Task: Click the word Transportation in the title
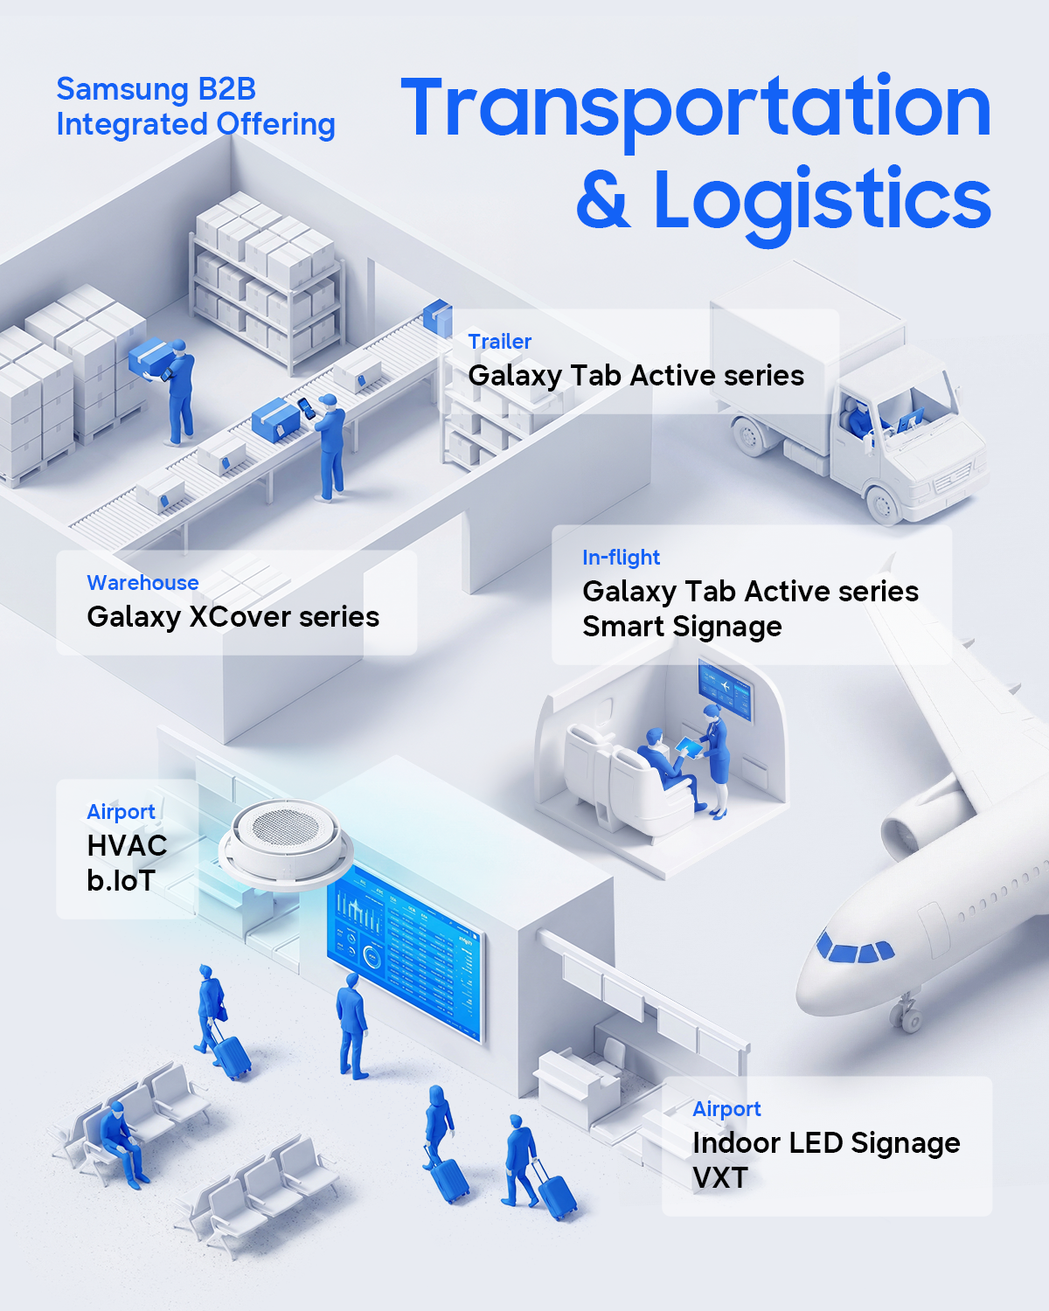pos(696,109)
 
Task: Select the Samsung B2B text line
pos(156,89)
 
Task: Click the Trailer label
pos(499,341)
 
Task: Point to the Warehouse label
pos(142,582)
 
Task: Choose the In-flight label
pos(622,558)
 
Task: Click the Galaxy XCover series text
pos(233,616)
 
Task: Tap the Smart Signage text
pos(682,627)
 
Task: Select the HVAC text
pos(127,845)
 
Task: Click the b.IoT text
pos(121,880)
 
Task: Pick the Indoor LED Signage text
pos(826,1143)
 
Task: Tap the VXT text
pos(719,1177)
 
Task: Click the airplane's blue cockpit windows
pos(855,949)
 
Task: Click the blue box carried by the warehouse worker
pos(147,357)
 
